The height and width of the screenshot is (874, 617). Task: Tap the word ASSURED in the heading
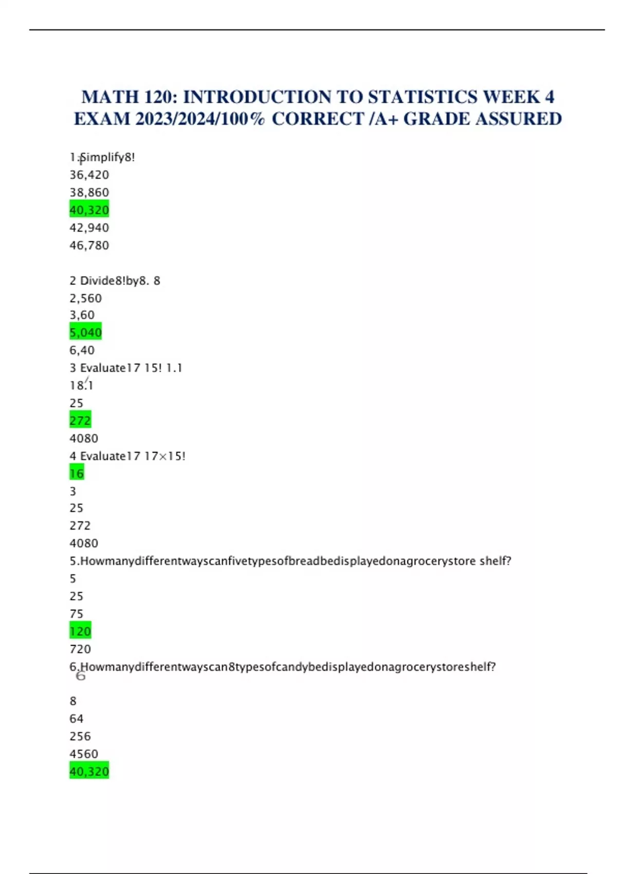point(519,119)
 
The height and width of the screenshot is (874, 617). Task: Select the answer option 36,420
point(89,175)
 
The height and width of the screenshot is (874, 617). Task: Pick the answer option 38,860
point(89,192)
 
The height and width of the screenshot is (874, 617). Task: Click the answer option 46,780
point(89,245)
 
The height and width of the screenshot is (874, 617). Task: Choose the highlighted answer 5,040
point(86,332)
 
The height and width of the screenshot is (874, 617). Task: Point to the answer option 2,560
point(86,298)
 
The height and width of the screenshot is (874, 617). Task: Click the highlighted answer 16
point(77,473)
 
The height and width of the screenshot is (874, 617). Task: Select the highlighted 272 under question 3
point(80,421)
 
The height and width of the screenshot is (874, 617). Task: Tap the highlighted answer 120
point(80,631)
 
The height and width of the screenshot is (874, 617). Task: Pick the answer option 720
point(80,649)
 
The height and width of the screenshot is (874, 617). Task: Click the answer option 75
point(77,613)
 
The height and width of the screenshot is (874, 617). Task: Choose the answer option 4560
point(84,754)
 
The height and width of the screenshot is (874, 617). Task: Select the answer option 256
point(80,736)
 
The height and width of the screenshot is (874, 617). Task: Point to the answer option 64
point(77,718)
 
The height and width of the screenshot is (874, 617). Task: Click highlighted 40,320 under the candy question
point(89,771)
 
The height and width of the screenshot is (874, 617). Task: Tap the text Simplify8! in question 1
point(107,157)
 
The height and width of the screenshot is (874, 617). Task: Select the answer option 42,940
point(89,228)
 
